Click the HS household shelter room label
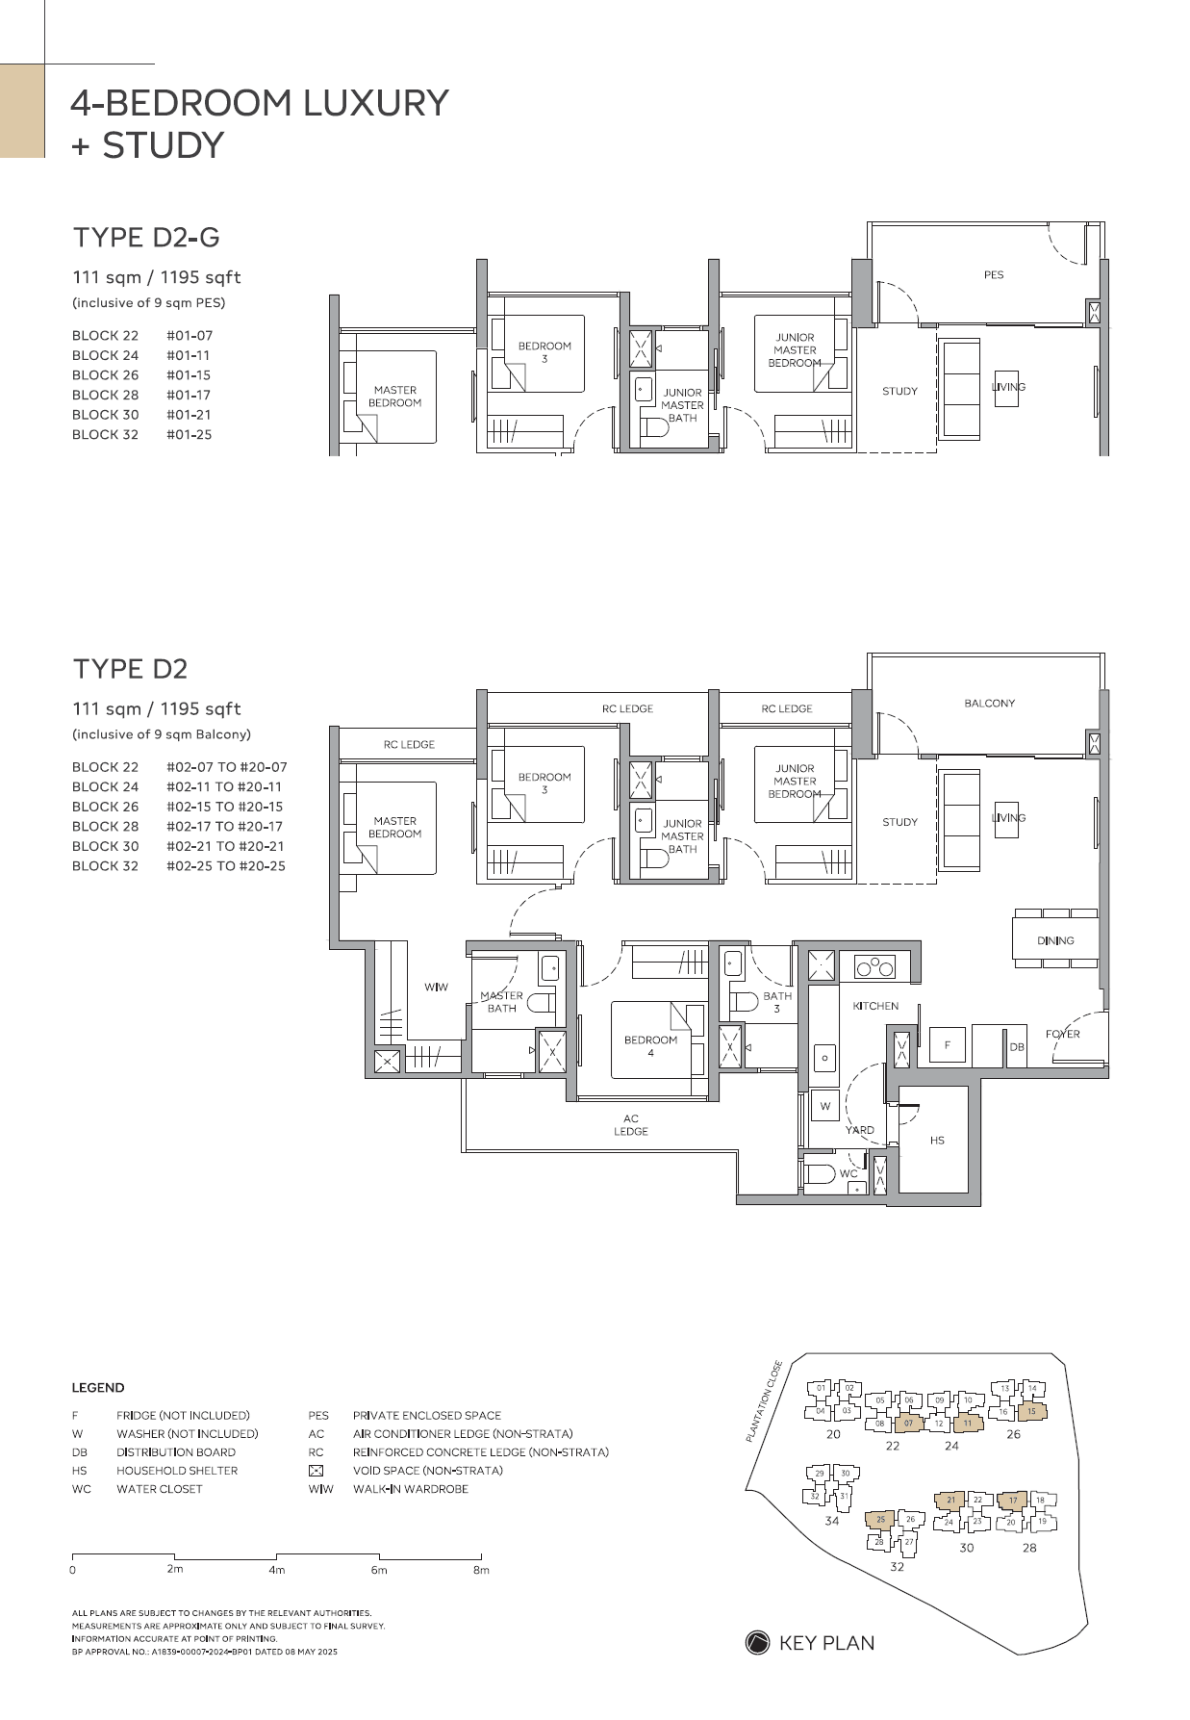937,1141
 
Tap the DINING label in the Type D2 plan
1055,940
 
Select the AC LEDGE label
631,1125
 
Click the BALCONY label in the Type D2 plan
989,704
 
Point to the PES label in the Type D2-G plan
994,275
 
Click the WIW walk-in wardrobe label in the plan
436,988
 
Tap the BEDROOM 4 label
650,1046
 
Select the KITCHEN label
875,1006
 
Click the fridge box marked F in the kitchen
948,1044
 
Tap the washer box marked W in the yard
824,1107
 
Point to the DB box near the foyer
1017,1047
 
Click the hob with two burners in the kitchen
875,967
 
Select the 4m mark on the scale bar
277,1570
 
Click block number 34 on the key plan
831,1521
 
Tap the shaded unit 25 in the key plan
880,1520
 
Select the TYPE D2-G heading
146,237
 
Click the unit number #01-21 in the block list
189,415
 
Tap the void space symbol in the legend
316,1471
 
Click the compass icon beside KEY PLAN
757,1643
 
